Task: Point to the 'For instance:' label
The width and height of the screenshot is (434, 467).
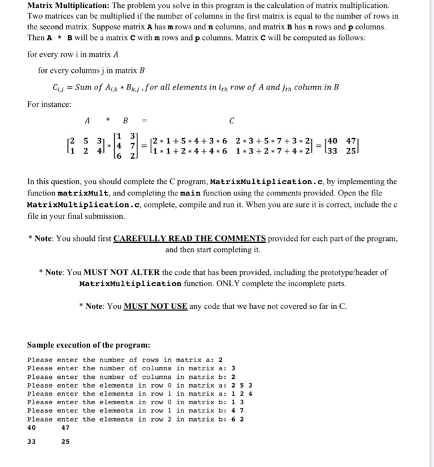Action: (x=48, y=104)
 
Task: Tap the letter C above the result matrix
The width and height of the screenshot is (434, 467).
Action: (x=231, y=121)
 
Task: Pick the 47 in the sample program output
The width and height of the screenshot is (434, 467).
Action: (x=65, y=427)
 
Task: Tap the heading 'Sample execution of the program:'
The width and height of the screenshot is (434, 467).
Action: (x=89, y=345)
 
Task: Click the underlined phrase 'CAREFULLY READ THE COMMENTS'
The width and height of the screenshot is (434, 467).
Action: (x=190, y=239)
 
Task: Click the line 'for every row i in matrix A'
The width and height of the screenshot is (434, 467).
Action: (x=73, y=55)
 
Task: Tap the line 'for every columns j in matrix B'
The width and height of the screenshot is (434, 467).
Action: (x=91, y=70)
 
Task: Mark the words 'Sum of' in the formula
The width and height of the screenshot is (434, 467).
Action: (x=91, y=87)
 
